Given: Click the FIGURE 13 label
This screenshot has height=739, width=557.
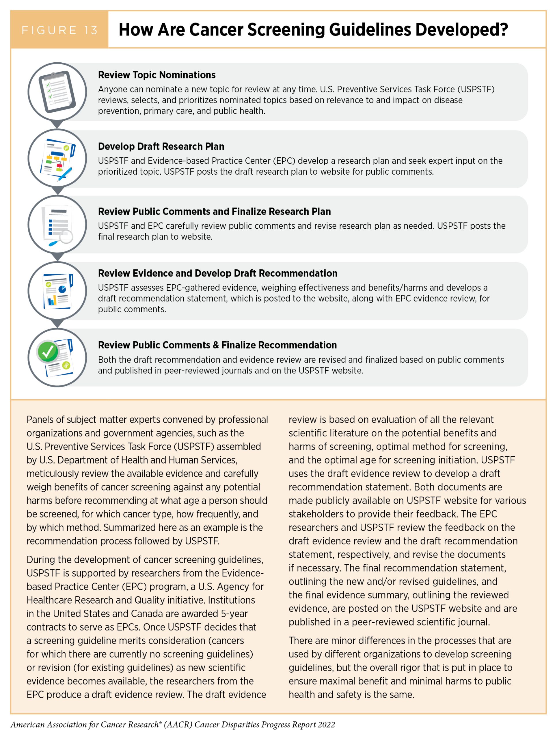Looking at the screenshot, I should (x=59, y=30).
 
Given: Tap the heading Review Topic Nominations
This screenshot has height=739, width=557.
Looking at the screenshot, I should (x=157, y=75).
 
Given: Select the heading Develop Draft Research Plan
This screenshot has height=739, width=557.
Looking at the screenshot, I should (x=161, y=146).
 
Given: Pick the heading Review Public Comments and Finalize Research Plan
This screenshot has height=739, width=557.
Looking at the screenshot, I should (x=214, y=212).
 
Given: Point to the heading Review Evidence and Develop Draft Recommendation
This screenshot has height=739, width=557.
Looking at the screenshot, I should (x=217, y=273).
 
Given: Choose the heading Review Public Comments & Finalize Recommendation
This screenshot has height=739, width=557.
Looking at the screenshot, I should (x=217, y=345).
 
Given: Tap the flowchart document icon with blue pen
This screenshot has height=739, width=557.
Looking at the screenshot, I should (x=57, y=158).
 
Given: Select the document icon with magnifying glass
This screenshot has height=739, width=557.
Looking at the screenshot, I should (x=57, y=225).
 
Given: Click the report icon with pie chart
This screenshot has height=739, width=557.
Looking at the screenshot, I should (x=57, y=291).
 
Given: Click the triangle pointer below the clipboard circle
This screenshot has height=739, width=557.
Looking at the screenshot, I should (x=57, y=124).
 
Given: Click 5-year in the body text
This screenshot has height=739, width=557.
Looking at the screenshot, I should (x=234, y=613).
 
